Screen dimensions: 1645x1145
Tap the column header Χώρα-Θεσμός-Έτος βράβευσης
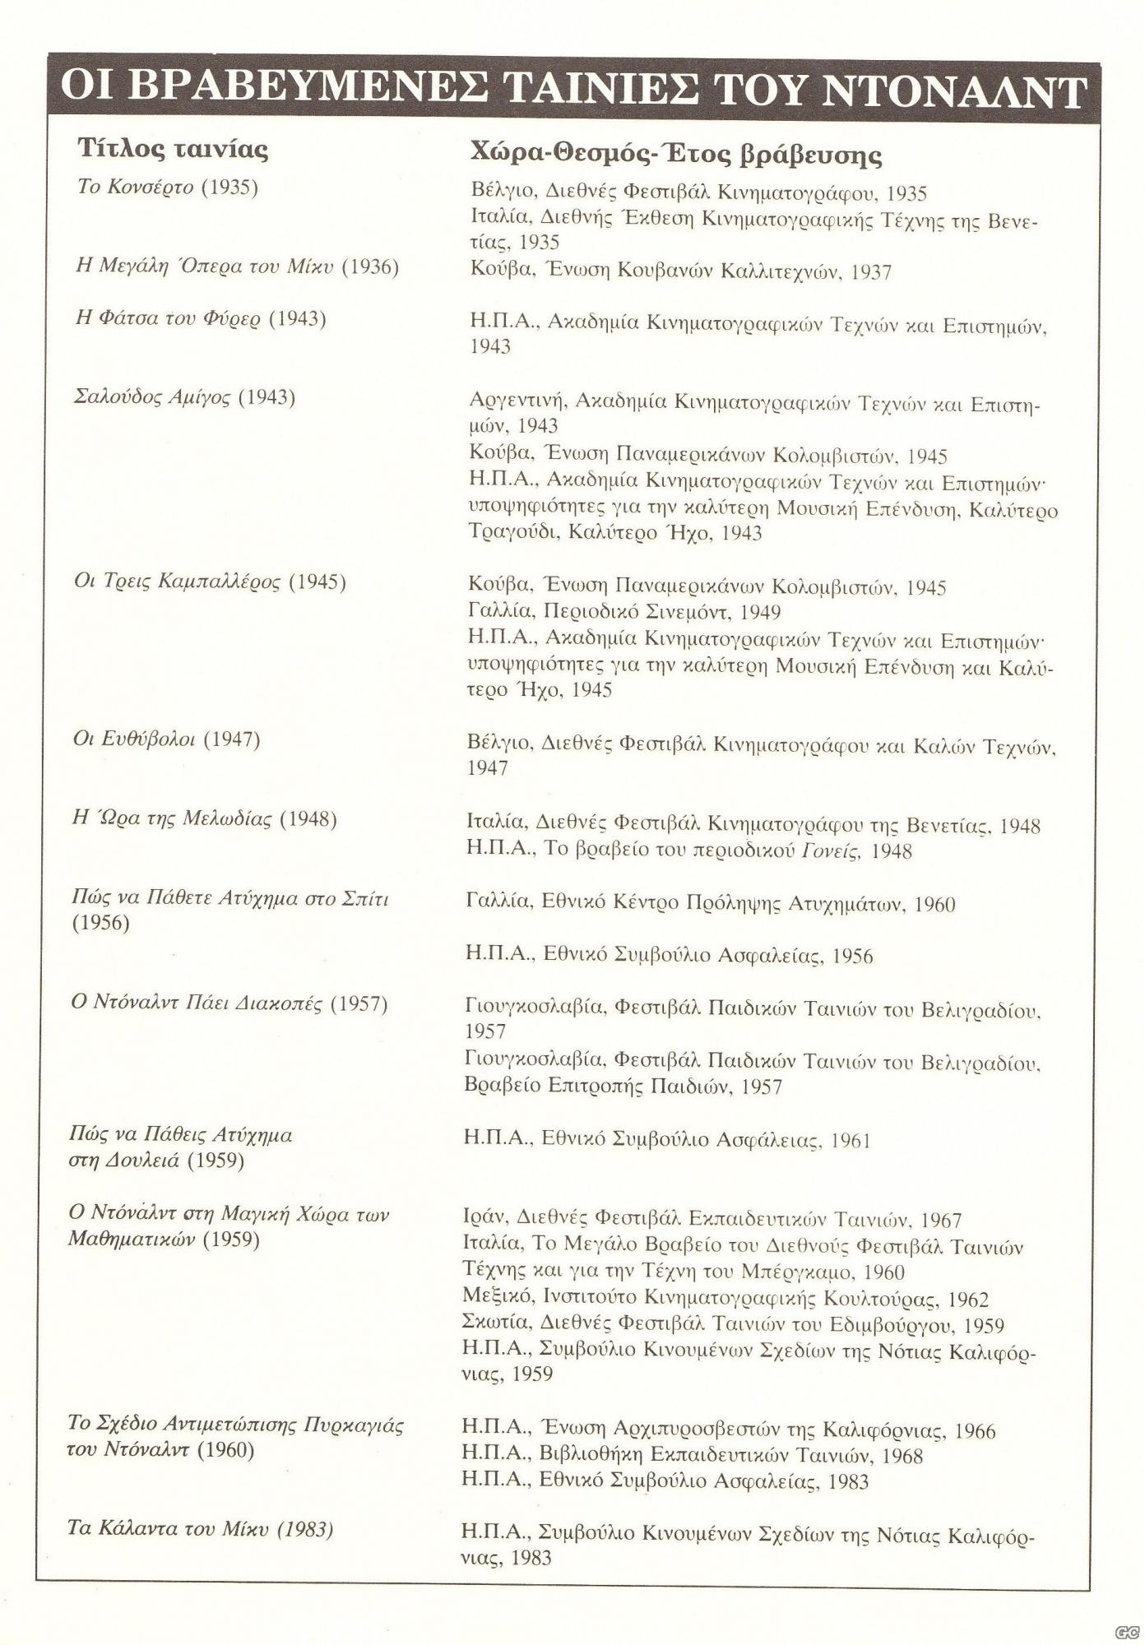pyautogui.click(x=675, y=154)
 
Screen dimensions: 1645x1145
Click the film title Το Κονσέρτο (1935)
pyautogui.click(x=167, y=188)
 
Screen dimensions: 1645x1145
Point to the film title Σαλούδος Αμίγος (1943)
pyautogui.click(x=184, y=397)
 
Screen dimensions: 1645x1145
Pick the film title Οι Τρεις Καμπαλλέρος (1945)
pyautogui.click(x=210, y=582)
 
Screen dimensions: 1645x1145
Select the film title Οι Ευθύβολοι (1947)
pyautogui.click(x=166, y=739)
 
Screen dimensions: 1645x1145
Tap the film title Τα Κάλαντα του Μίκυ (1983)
pyautogui.click(x=200, y=1529)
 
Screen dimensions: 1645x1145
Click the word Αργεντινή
pyautogui.click(x=517, y=401)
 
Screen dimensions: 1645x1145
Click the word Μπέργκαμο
pyautogui.click(x=794, y=1272)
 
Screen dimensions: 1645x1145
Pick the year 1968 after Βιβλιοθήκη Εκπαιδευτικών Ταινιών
pyautogui.click(x=902, y=1456)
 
